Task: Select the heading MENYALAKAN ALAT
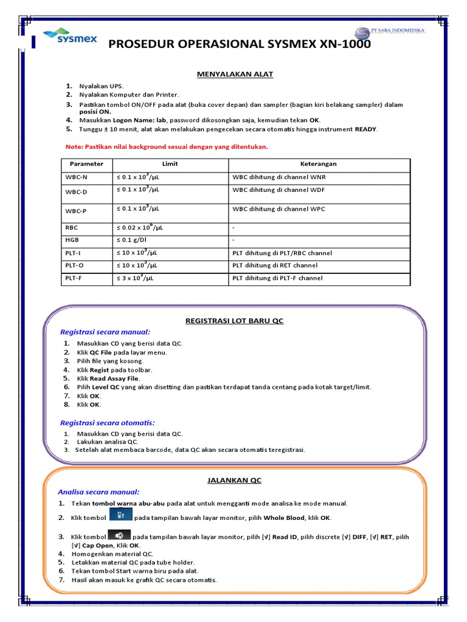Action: (235, 74)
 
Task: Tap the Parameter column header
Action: (86, 164)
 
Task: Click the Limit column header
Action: (170, 164)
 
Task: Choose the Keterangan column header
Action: (319, 164)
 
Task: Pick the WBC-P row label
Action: (76, 211)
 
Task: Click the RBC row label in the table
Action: (72, 228)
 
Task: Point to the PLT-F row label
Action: (75, 278)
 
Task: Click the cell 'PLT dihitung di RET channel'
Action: (275, 265)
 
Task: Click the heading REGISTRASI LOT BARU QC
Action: (235, 320)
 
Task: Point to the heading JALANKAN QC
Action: (235, 480)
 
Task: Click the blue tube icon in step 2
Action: (120, 515)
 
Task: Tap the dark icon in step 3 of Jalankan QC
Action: (119, 535)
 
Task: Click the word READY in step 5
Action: (366, 129)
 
